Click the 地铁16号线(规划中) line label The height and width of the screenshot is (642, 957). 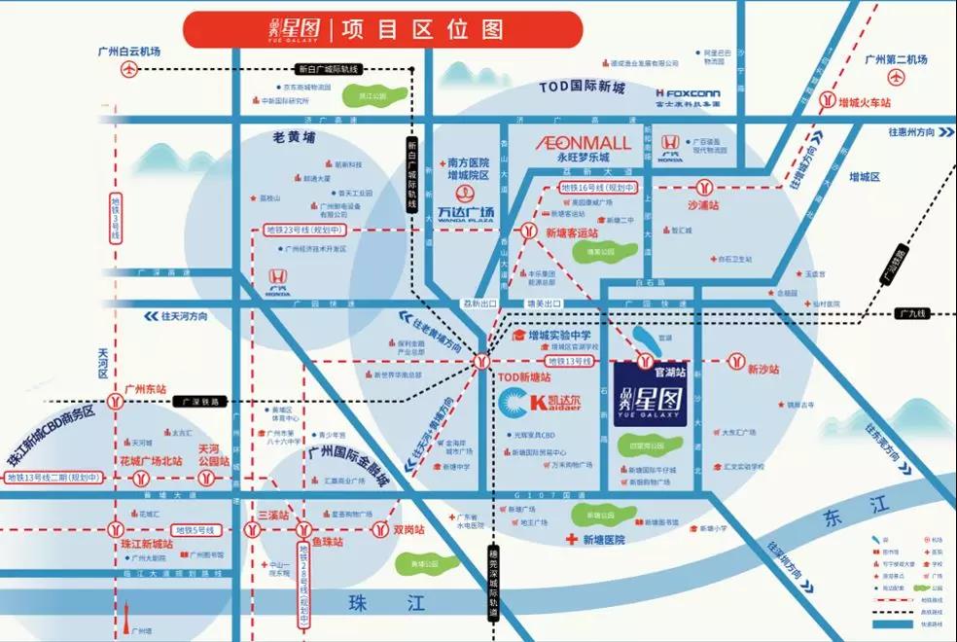598,187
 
